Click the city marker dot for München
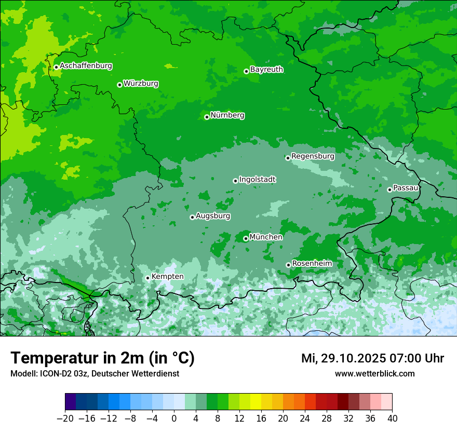pos(246,239)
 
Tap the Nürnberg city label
pos(227,115)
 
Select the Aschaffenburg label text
pos(86,66)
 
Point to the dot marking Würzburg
pos(119,85)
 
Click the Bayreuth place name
pos(266,70)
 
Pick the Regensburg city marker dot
pos(288,158)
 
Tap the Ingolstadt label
pos(257,180)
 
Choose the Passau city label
pos(406,188)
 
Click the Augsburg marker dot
pos(192,217)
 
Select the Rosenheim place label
pos(312,264)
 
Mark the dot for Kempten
pos(147,278)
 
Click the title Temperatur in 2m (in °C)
pos(102,358)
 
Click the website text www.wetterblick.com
pos(374,373)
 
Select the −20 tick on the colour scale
pos(65,419)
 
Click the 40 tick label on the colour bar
pos(392,419)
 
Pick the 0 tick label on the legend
pos(174,419)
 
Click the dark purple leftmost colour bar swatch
pos(70,402)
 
